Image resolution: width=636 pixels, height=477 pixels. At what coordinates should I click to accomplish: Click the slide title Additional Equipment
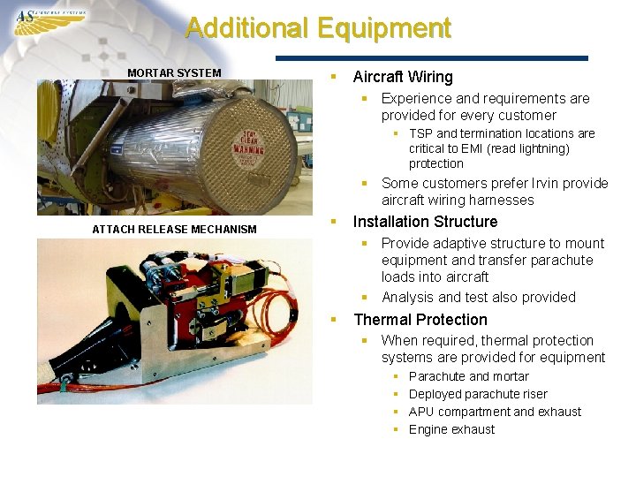[318, 28]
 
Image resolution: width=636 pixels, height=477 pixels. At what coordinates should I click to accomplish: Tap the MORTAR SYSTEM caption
[174, 72]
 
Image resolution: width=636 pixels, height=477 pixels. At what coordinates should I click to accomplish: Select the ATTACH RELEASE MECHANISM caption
[174, 229]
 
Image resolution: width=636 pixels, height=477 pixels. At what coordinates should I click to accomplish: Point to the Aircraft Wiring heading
[403, 77]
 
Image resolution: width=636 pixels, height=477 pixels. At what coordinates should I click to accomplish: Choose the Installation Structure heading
[425, 222]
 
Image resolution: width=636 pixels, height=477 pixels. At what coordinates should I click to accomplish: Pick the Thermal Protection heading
[420, 320]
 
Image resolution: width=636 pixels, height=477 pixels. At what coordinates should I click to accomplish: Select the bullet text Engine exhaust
[451, 429]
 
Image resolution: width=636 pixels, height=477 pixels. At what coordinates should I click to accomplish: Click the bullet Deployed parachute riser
[478, 394]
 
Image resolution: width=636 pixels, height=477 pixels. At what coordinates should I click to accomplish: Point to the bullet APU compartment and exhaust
[495, 412]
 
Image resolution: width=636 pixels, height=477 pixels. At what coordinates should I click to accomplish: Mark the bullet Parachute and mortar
[468, 376]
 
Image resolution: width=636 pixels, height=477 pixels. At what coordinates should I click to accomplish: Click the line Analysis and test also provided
[478, 297]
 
